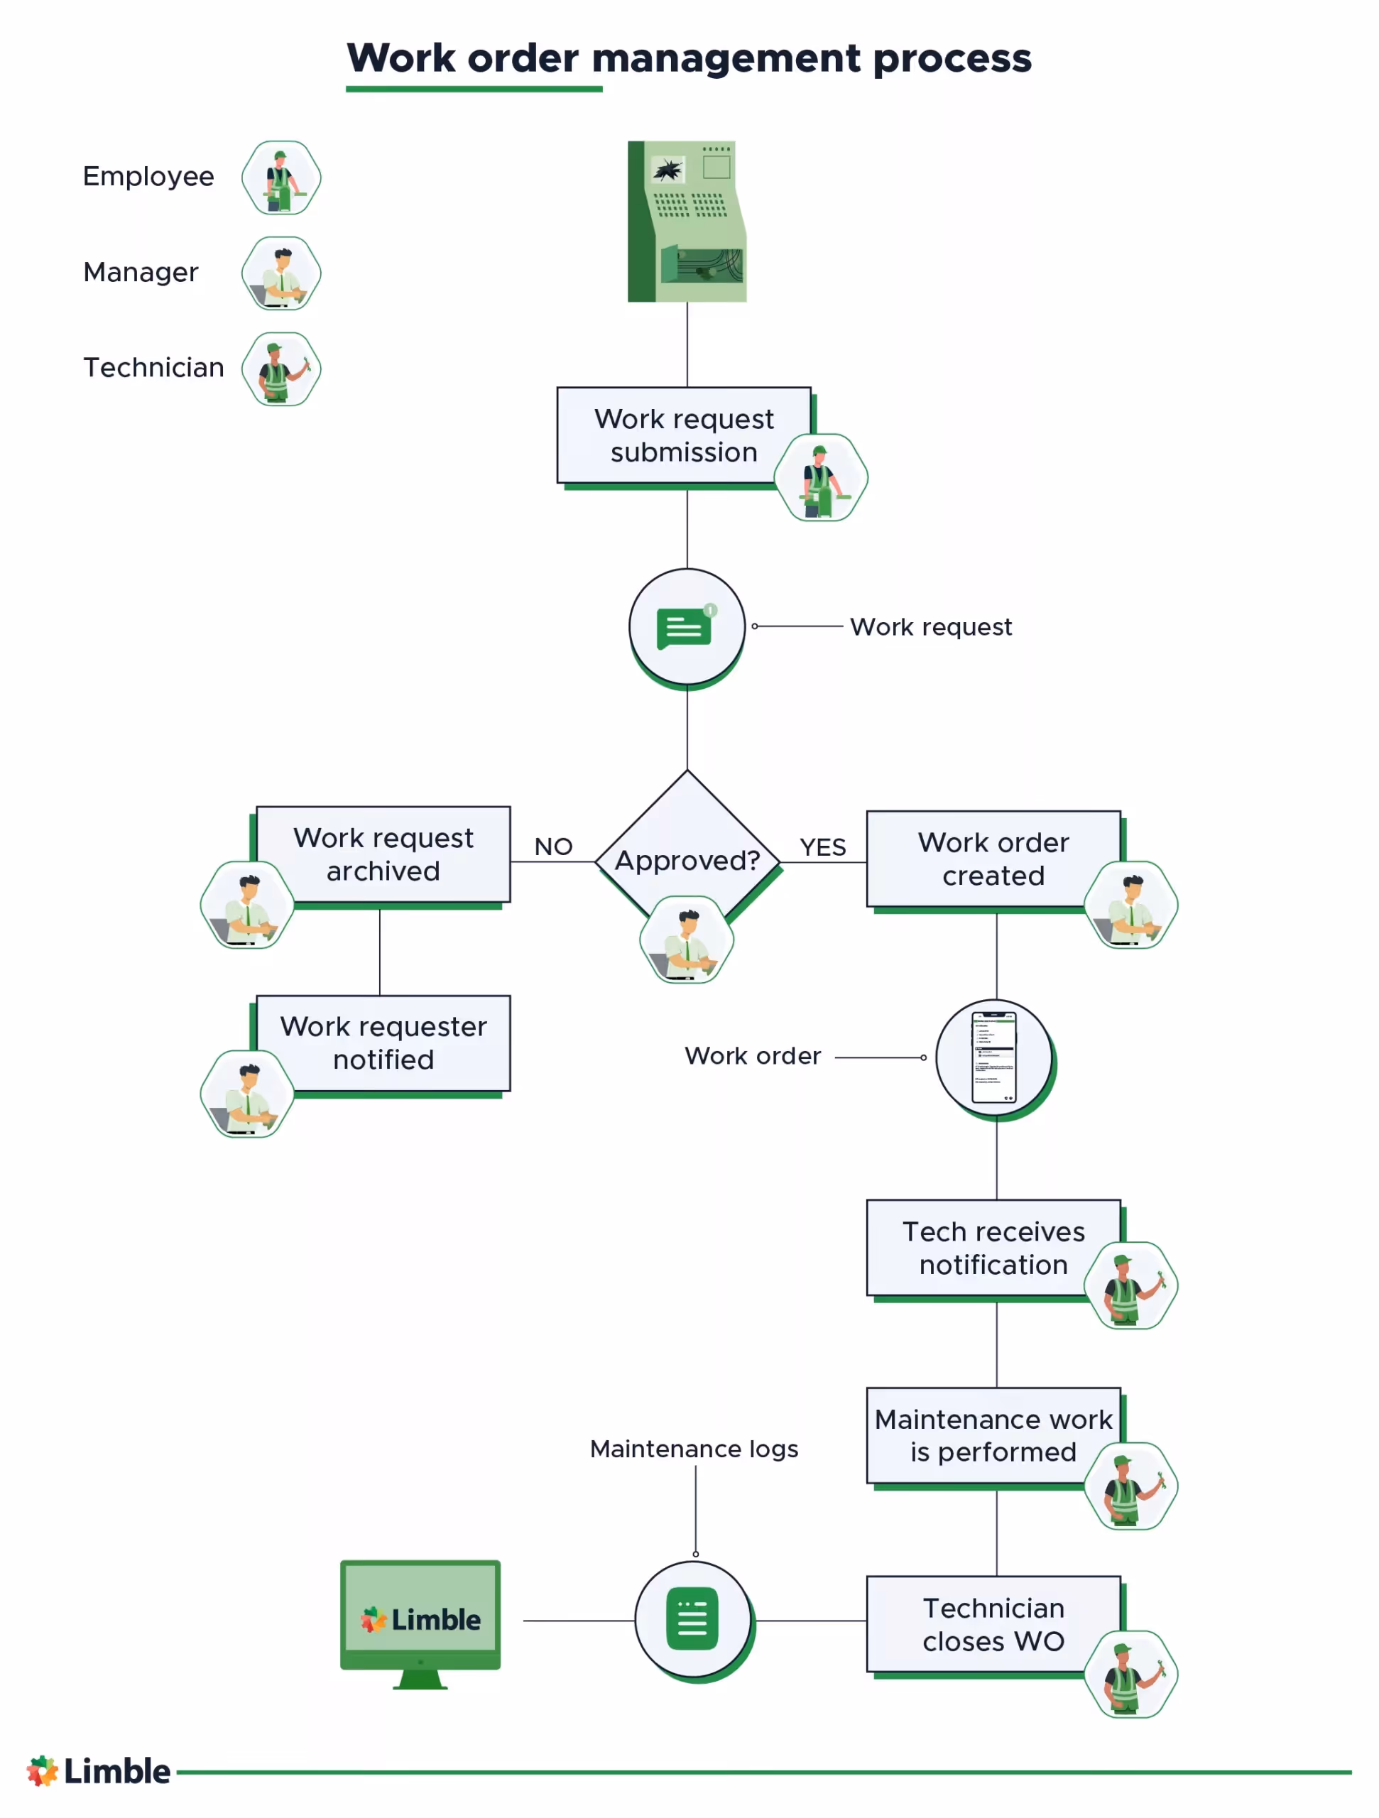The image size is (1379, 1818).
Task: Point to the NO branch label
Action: [552, 846]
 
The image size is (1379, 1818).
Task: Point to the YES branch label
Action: [822, 847]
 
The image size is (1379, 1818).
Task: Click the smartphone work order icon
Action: [993, 1056]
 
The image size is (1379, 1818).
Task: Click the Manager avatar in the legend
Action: [281, 273]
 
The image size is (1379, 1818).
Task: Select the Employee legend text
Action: [148, 176]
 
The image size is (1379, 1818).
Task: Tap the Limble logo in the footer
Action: [98, 1770]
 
